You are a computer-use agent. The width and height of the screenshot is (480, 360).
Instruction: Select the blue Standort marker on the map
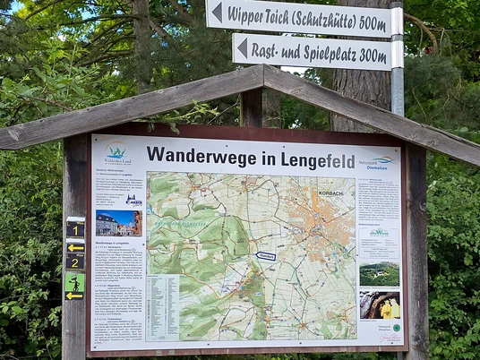click(x=265, y=256)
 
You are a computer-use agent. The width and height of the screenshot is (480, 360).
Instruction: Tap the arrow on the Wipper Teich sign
click(x=216, y=12)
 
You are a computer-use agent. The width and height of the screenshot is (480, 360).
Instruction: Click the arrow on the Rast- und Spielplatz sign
click(x=242, y=47)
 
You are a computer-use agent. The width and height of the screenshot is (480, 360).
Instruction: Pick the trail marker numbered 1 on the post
click(x=75, y=229)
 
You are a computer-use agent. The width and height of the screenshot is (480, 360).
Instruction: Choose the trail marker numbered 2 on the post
click(x=75, y=261)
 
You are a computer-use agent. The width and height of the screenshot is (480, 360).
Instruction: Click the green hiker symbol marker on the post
click(x=74, y=284)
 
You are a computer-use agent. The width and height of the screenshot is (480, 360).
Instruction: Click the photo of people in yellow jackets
click(x=380, y=305)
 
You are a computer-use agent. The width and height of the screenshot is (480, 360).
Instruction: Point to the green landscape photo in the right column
click(x=379, y=273)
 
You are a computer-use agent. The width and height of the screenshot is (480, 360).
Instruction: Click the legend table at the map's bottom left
click(x=162, y=307)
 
